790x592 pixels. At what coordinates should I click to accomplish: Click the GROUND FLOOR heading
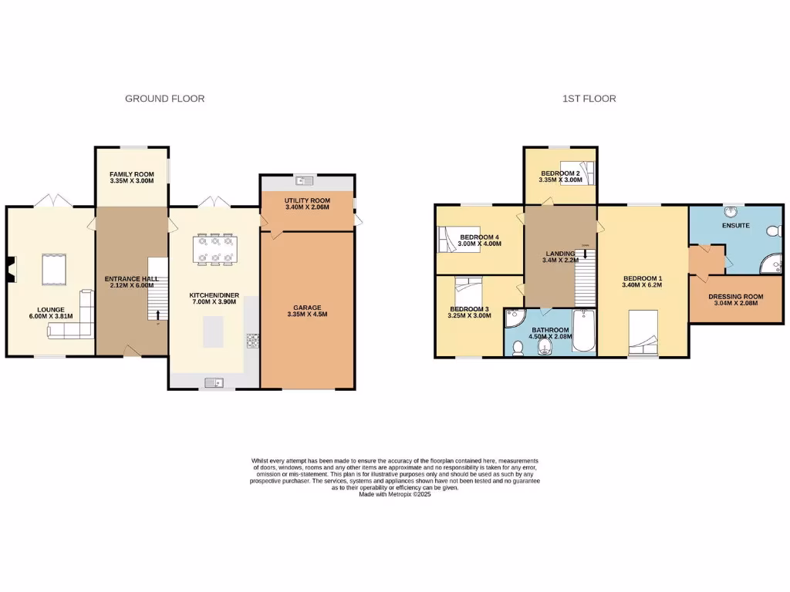[x=164, y=99]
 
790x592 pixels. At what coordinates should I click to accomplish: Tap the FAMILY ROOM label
[x=131, y=174]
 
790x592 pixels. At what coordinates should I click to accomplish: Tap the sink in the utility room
[x=307, y=181]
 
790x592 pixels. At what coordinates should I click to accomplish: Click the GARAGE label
[x=307, y=307]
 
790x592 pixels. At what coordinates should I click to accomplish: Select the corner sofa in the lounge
[x=74, y=324]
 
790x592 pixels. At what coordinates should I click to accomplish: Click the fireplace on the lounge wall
[x=9, y=267]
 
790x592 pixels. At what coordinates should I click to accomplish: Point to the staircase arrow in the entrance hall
[x=158, y=314]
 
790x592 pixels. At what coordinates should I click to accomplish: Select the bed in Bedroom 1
[x=642, y=331]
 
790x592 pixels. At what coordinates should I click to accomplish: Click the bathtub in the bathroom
[x=584, y=331]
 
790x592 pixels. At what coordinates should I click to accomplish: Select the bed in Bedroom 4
[x=449, y=238]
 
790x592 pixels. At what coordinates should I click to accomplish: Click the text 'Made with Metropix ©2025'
[x=394, y=494]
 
